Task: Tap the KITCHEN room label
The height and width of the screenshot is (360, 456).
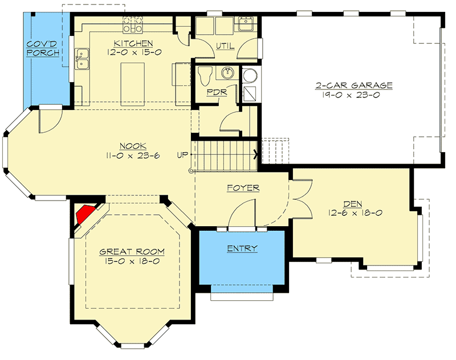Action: pyautogui.click(x=133, y=43)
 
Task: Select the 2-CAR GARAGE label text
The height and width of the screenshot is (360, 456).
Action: pyautogui.click(x=354, y=86)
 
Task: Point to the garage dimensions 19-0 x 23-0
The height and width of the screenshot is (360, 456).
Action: pyautogui.click(x=355, y=95)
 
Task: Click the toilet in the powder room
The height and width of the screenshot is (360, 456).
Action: pyautogui.click(x=206, y=75)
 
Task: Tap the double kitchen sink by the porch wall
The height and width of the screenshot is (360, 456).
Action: pyautogui.click(x=83, y=59)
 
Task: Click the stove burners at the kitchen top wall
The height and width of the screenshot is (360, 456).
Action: pyautogui.click(x=133, y=25)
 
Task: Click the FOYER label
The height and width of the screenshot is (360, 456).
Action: pyautogui.click(x=243, y=187)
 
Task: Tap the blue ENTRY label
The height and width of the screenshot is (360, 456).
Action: pyautogui.click(x=242, y=248)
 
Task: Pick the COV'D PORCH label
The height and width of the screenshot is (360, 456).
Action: pyautogui.click(x=44, y=48)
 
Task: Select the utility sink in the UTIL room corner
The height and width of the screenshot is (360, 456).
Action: pyautogui.click(x=246, y=24)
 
